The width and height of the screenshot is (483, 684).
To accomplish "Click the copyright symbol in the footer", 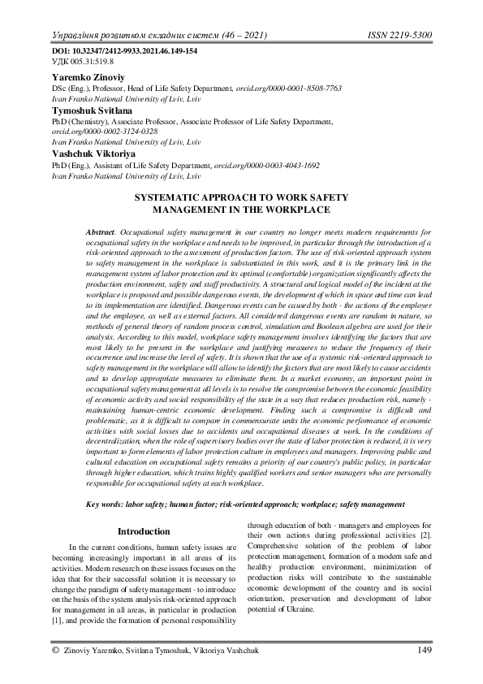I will point(54,649).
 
